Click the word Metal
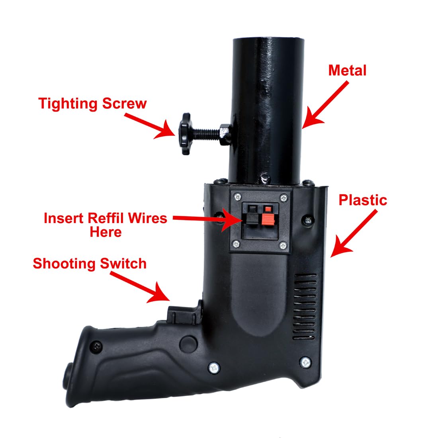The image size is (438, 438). click(x=347, y=70)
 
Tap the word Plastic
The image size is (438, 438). click(x=363, y=200)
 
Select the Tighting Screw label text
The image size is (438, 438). click(x=92, y=104)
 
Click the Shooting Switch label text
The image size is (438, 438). click(x=90, y=263)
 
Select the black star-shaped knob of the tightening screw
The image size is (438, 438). click(x=186, y=133)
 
